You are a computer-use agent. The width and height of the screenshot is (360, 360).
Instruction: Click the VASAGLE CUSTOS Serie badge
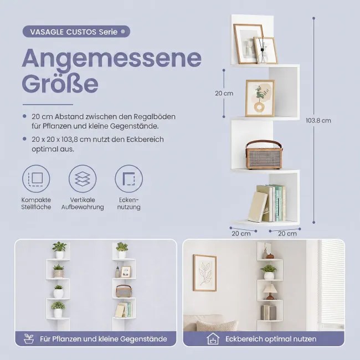click(x=76, y=32)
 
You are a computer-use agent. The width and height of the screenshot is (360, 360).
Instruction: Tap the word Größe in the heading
click(x=60, y=83)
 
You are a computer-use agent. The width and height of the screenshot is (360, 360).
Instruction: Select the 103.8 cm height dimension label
click(x=318, y=121)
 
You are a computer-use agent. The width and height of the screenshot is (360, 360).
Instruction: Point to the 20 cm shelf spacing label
click(x=224, y=94)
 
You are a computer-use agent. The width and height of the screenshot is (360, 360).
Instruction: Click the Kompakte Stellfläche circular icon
click(x=36, y=178)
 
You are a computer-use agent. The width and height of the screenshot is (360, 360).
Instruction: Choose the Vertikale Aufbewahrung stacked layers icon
click(x=83, y=178)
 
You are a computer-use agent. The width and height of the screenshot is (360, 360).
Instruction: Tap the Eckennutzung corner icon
click(x=129, y=178)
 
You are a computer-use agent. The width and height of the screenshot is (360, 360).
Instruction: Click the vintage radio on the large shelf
click(x=264, y=155)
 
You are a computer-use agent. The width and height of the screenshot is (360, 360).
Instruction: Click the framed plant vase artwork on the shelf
click(x=260, y=98)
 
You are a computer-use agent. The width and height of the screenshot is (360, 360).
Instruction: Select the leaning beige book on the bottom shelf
click(x=258, y=207)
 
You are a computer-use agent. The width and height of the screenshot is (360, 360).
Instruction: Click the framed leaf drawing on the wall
click(x=205, y=272)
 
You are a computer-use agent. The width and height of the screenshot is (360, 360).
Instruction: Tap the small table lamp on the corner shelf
click(x=270, y=291)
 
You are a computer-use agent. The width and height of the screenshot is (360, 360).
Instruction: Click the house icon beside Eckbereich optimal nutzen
click(x=213, y=338)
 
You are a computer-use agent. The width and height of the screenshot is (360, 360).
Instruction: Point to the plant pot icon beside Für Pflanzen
click(x=29, y=339)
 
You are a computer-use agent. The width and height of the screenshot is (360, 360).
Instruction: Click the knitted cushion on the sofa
click(x=217, y=325)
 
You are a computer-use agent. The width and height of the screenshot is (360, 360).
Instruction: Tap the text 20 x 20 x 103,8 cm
click(x=61, y=140)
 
